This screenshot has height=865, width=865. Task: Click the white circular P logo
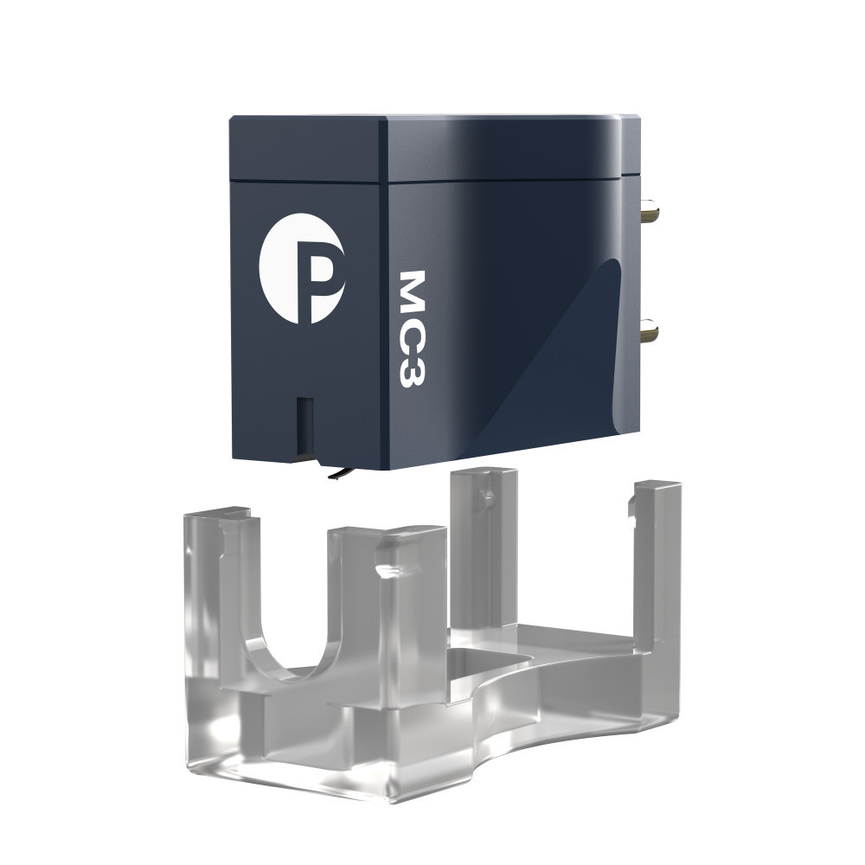pyautogui.click(x=302, y=268)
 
